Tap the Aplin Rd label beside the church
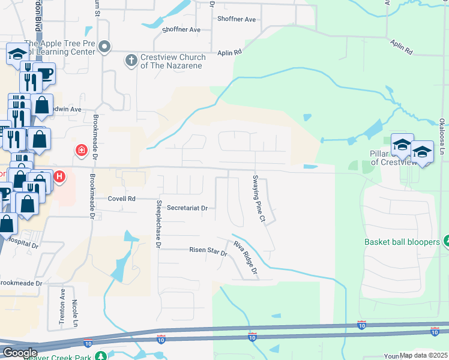[x=229, y=53]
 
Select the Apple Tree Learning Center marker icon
[x=105, y=46]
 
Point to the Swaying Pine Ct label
[x=259, y=199]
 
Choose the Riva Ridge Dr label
[x=246, y=259]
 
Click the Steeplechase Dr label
[x=158, y=224]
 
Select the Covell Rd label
[x=122, y=199]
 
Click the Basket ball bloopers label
[x=402, y=242]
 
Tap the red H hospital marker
[x=59, y=177]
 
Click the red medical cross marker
[x=80, y=150]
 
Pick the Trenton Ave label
[x=62, y=307]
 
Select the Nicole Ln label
[x=76, y=313]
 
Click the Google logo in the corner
[x=20, y=353]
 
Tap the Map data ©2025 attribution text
[x=423, y=355]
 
